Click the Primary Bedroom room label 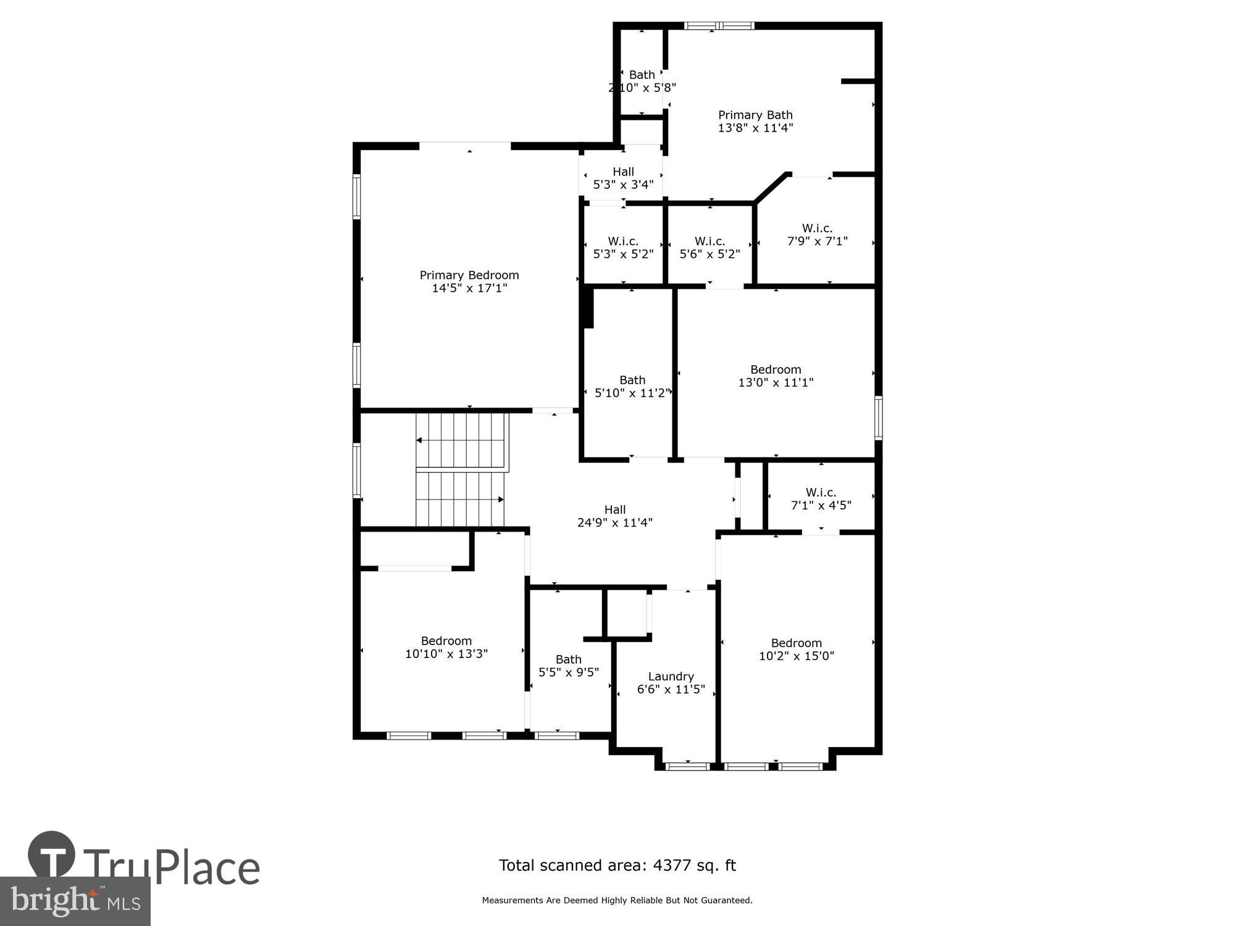click(469, 282)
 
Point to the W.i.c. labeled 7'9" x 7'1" click(818, 235)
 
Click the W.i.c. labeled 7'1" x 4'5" click(821, 499)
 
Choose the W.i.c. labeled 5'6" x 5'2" click(710, 248)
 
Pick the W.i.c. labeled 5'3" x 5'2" click(623, 248)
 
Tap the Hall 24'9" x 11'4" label click(615, 516)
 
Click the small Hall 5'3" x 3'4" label click(623, 178)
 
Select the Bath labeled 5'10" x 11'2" click(632, 386)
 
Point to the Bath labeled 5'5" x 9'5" click(569, 665)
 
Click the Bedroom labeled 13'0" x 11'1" click(776, 376)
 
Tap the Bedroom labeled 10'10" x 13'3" click(446, 647)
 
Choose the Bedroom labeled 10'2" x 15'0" click(797, 649)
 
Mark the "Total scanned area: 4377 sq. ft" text click(617, 866)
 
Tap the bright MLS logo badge click(75, 901)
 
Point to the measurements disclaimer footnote click(617, 901)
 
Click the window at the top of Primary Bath click(719, 26)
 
